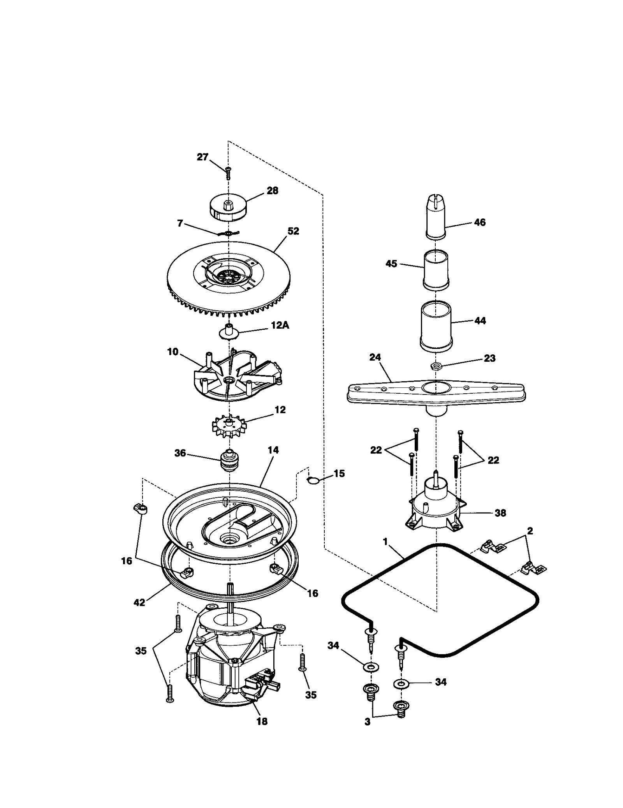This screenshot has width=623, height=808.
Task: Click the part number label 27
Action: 202,158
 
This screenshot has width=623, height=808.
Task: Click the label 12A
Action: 280,326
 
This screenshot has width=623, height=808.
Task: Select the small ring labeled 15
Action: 314,481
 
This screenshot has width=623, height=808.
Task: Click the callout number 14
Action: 273,450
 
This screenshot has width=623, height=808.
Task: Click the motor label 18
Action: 262,722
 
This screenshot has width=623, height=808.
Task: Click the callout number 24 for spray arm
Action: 375,357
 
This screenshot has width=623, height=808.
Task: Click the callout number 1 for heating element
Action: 385,542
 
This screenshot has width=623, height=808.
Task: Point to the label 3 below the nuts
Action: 367,722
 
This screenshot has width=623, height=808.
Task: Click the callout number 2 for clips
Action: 530,531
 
